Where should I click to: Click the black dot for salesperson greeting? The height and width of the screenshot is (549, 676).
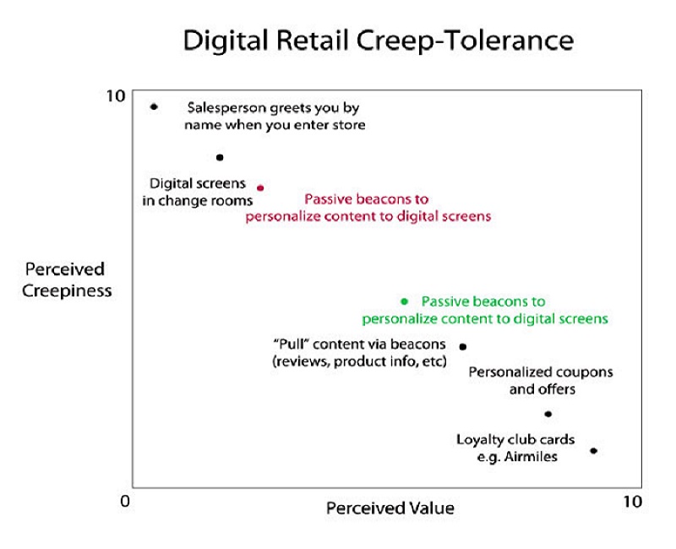(x=154, y=106)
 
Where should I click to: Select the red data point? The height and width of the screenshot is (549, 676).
(x=260, y=188)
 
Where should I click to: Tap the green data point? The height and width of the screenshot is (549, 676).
(x=404, y=301)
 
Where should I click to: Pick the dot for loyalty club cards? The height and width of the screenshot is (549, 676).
(x=593, y=450)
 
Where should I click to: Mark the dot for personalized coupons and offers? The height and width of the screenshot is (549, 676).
(x=548, y=414)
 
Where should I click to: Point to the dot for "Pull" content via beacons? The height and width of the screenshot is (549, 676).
(x=462, y=346)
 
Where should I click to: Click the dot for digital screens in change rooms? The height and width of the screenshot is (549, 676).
(x=220, y=157)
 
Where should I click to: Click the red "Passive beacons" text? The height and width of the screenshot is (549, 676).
(x=367, y=200)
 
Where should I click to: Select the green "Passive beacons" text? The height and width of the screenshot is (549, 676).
(x=483, y=302)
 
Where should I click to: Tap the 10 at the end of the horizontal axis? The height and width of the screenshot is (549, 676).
(x=632, y=502)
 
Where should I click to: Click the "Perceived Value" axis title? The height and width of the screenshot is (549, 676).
(x=390, y=508)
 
